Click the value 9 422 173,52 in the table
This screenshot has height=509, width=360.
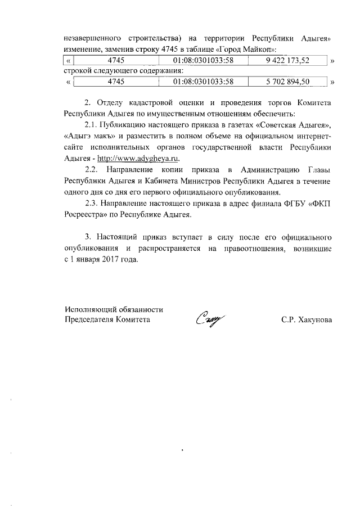pos(288,60)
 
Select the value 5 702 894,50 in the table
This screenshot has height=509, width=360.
pos(288,82)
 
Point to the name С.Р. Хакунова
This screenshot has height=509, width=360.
pos(307,319)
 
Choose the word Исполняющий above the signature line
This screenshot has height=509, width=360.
pos(89,309)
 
